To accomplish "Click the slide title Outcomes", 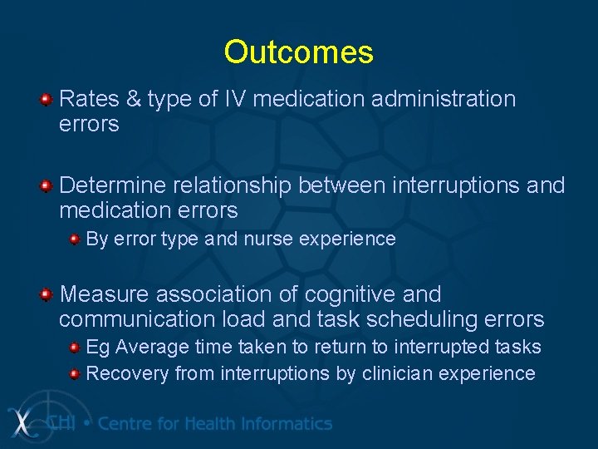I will (298, 52).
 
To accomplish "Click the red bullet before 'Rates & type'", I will (47, 101).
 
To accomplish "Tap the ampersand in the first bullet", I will (135, 100).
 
